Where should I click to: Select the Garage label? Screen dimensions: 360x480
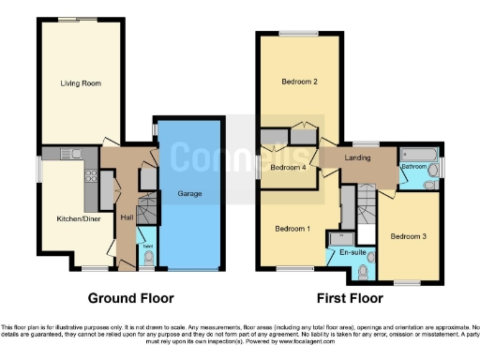[x=191, y=194]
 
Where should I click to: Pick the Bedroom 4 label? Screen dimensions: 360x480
[x=288, y=168]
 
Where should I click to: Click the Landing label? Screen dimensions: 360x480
[x=360, y=158]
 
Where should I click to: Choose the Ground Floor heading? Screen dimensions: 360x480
[x=132, y=299]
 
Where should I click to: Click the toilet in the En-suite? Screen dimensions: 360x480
[x=371, y=255]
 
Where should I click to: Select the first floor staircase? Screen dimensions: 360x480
[x=367, y=201]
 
